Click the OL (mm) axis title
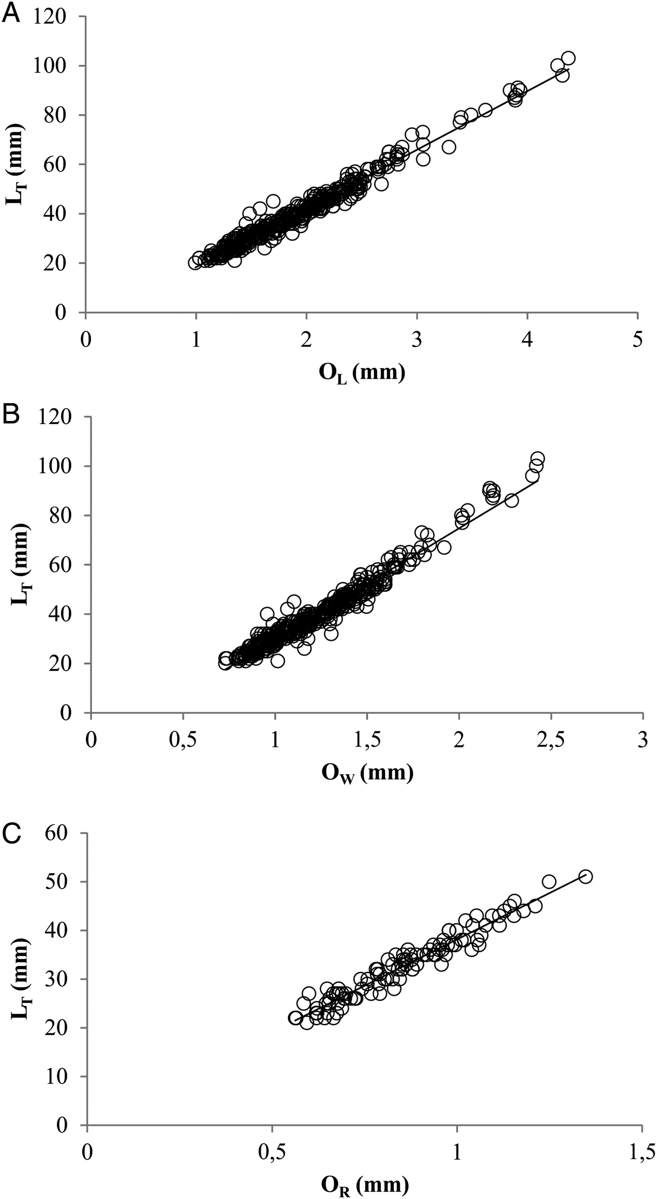(361, 374)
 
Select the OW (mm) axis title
(367, 773)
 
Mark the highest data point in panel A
(568, 58)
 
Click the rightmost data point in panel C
(585, 876)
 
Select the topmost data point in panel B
(538, 458)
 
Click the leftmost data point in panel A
(195, 263)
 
